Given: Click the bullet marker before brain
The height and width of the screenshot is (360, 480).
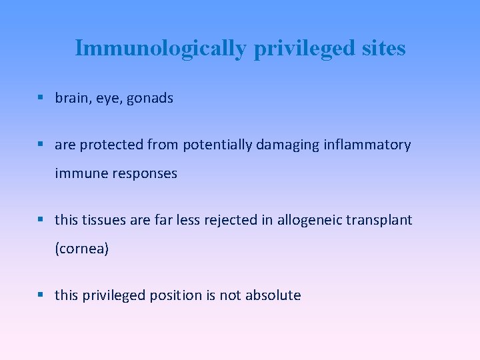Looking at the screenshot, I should pos(41,98).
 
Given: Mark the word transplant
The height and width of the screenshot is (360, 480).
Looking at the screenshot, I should pos(381,220).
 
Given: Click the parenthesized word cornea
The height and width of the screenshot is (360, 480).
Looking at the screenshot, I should pos(81,249).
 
